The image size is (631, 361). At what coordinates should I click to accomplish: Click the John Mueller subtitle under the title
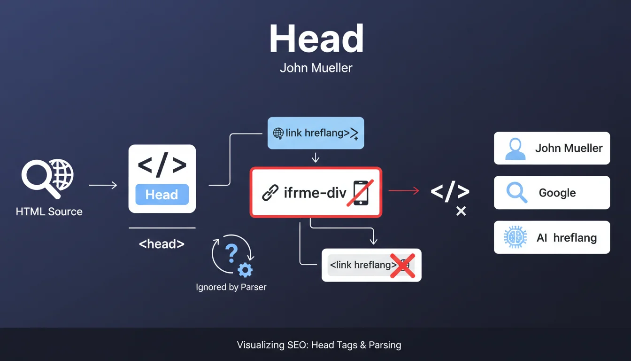(x=316, y=68)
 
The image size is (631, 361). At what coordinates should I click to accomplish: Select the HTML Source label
(x=49, y=212)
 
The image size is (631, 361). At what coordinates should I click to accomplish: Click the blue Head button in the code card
(x=162, y=195)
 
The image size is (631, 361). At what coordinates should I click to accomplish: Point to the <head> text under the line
(x=162, y=244)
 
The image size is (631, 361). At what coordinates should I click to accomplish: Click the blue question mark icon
(x=231, y=253)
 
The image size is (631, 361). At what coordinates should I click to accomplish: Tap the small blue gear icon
(x=245, y=270)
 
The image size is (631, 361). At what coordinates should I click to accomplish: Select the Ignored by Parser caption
(x=231, y=287)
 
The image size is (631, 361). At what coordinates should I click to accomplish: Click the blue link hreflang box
(x=315, y=133)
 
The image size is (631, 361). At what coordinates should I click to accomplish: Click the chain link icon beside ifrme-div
(x=270, y=193)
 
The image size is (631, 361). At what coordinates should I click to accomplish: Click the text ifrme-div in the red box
(x=315, y=193)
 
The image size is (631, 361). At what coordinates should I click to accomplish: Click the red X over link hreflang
(x=402, y=266)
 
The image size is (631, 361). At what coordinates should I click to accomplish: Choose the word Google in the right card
(x=557, y=193)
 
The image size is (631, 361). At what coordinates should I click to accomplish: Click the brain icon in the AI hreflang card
(x=513, y=237)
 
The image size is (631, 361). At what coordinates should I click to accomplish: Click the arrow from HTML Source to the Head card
(x=103, y=186)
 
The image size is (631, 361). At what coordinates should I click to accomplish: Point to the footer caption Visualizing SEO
(x=319, y=345)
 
